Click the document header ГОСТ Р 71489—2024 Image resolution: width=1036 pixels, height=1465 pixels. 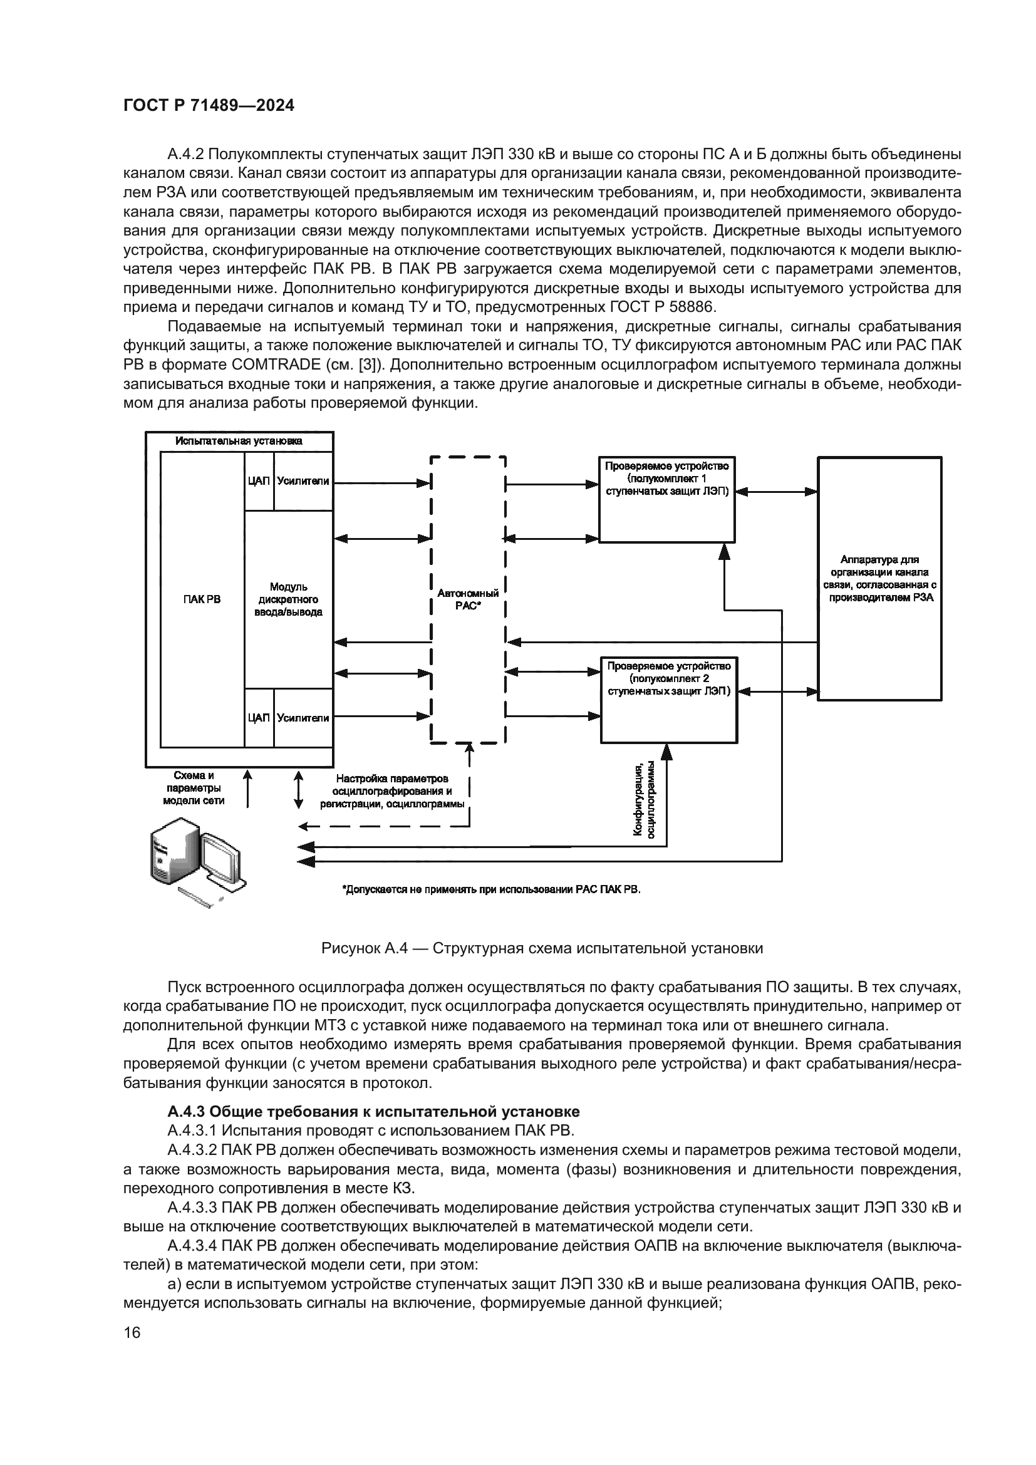pyautogui.click(x=209, y=106)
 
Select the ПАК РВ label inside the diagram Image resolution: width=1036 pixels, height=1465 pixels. pyautogui.click(x=202, y=599)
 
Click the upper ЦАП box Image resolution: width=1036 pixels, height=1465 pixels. pyautogui.click(x=258, y=481)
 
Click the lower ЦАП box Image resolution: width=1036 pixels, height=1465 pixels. pyautogui.click(x=258, y=718)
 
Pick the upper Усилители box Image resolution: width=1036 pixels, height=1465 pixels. pyautogui.click(x=304, y=481)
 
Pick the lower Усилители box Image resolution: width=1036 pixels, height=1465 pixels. pyautogui.click(x=304, y=718)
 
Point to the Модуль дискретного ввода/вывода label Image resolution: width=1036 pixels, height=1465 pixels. pyautogui.click(x=288, y=599)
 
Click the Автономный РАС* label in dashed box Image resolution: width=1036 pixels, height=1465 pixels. pyautogui.click(x=468, y=599)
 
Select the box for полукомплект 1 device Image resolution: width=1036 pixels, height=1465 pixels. pyautogui.click(x=666, y=500)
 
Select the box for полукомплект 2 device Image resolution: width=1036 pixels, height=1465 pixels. pyautogui.click(x=668, y=700)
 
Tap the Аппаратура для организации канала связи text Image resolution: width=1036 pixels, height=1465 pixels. pyautogui.click(x=879, y=578)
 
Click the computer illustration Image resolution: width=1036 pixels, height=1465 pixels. pyautogui.click(x=195, y=861)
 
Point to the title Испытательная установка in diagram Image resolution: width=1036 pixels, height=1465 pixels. pyautogui.click(x=239, y=441)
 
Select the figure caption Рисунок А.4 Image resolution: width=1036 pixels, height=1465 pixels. pyautogui.click(x=542, y=948)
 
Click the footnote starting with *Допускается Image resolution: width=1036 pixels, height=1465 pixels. pyautogui.click(x=491, y=889)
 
